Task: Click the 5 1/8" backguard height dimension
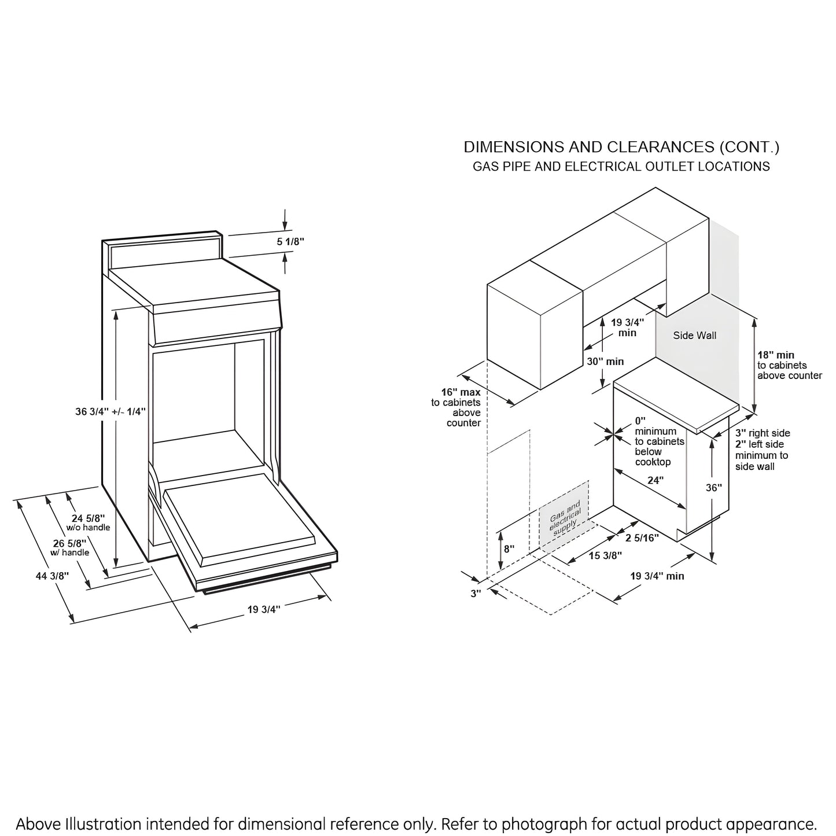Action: click(x=290, y=242)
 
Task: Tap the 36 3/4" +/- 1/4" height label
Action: click(x=110, y=411)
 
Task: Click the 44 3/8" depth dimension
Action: click(x=52, y=576)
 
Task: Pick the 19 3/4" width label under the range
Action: click(x=264, y=609)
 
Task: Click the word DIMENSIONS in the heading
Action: click(x=514, y=147)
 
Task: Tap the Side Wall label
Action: click(x=694, y=335)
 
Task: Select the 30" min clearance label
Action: click(x=606, y=361)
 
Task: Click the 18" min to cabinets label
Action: click(x=776, y=355)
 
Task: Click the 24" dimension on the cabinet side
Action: click(x=655, y=480)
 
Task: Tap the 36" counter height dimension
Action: click(x=714, y=487)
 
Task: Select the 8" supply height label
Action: click(x=509, y=548)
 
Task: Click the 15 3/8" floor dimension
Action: click(x=605, y=555)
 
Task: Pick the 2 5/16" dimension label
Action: click(x=642, y=538)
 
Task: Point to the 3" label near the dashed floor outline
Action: click(x=476, y=593)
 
